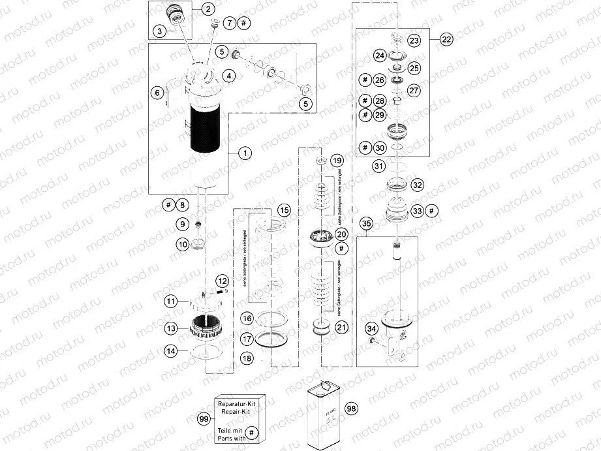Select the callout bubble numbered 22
pyautogui.click(x=446, y=39)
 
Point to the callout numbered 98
pyautogui.click(x=352, y=409)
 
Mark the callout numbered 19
pyautogui.click(x=336, y=161)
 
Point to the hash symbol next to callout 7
pyautogui.click(x=243, y=23)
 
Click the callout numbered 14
pyautogui.click(x=170, y=351)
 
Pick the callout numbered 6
pyautogui.click(x=157, y=93)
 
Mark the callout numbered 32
pyautogui.click(x=418, y=185)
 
